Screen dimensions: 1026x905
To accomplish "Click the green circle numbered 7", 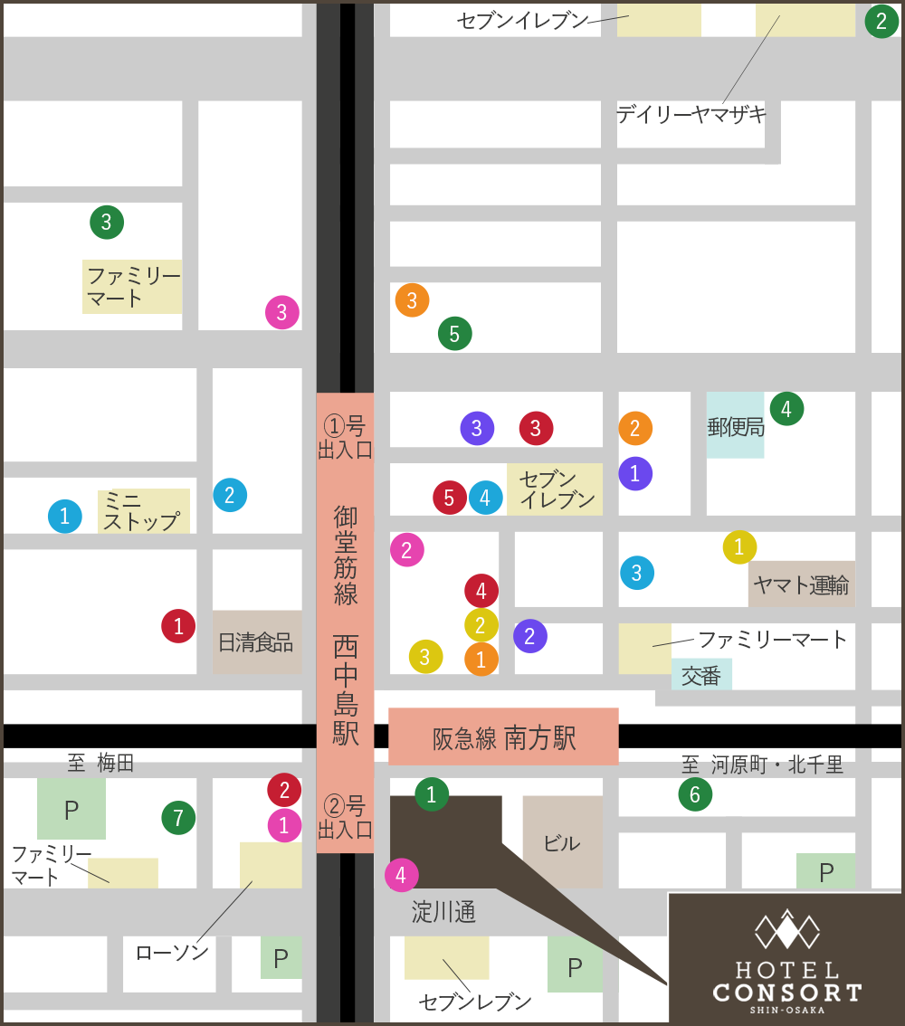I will (178, 818).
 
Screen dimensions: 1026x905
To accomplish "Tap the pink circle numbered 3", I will (282, 312).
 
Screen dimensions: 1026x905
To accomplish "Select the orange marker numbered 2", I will (635, 428).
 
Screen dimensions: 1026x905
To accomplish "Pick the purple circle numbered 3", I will (477, 428).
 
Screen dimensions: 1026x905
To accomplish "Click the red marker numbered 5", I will (449, 498).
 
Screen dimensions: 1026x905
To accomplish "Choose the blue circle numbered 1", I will (64, 517).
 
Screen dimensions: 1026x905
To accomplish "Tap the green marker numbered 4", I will (786, 409).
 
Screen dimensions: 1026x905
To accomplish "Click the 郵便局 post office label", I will (736, 426).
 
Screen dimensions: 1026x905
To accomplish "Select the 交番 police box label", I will (701, 675).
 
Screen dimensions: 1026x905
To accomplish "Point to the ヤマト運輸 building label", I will (801, 585).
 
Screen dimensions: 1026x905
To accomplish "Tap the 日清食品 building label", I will (256, 642).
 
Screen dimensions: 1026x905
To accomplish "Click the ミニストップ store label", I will (142, 511).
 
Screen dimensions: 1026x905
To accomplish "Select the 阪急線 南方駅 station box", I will (503, 737).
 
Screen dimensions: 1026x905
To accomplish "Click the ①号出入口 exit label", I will (345, 437).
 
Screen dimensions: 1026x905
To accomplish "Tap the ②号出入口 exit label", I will (345, 817).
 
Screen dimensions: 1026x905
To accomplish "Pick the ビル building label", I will (562, 843).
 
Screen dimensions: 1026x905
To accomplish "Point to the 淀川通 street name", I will (443, 912).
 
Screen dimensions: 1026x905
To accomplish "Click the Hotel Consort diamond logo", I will (787, 930).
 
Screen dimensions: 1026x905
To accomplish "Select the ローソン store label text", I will (172, 952).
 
